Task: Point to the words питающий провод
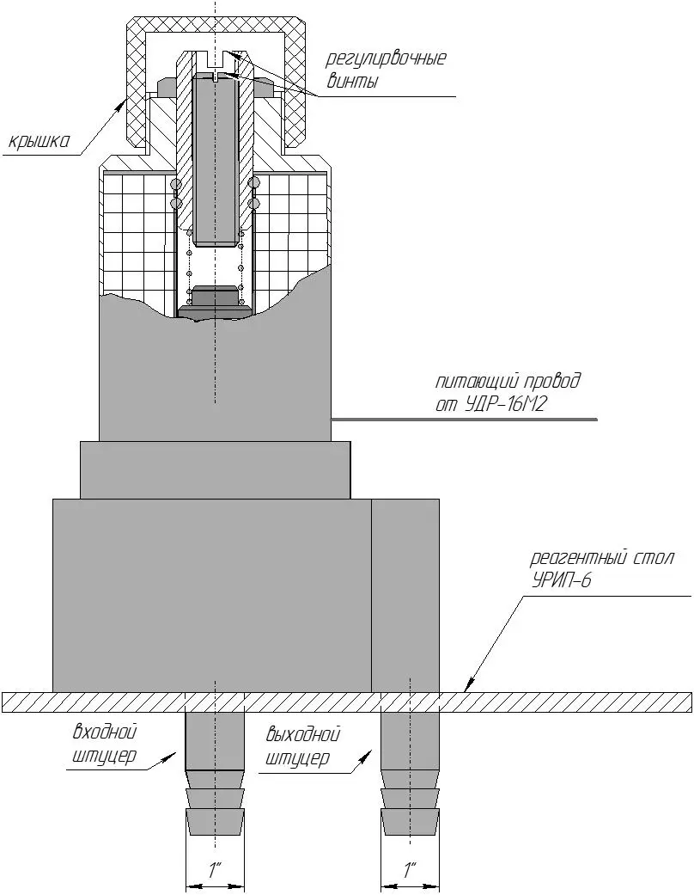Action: pyautogui.click(x=508, y=381)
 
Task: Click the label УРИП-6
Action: pyautogui.click(x=562, y=580)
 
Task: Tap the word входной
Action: pyautogui.click(x=105, y=733)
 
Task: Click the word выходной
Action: pyautogui.click(x=302, y=735)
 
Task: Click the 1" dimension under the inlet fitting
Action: pyautogui.click(x=215, y=869)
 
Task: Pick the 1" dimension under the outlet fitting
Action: pyautogui.click(x=411, y=869)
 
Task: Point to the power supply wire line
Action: pyautogui.click(x=464, y=420)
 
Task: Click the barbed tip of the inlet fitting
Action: pyautogui.click(x=215, y=821)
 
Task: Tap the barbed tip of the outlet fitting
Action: pyautogui.click(x=411, y=821)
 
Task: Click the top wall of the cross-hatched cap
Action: pyautogui.click(x=215, y=24)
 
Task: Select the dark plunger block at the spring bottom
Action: pyautogui.click(x=215, y=297)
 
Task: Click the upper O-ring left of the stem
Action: pyautogui.click(x=176, y=185)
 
